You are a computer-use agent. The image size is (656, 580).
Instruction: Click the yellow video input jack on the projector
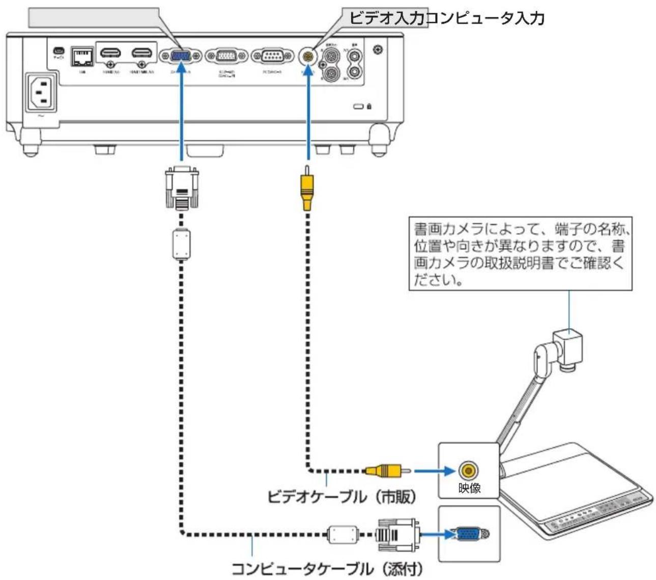[307, 55]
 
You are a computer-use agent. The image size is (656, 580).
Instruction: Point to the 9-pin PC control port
[273, 56]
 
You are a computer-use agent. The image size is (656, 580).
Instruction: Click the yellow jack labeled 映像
[468, 470]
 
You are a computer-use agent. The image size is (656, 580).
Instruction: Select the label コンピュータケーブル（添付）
[327, 568]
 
